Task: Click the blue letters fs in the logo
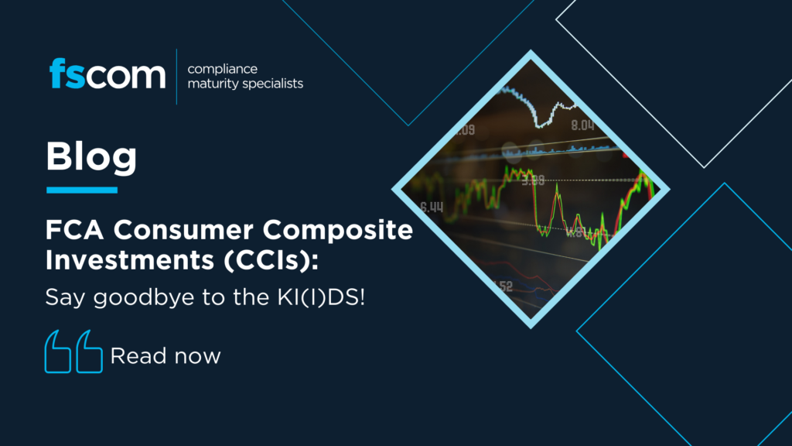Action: [67, 74]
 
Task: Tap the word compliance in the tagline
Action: [222, 69]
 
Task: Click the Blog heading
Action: [91, 158]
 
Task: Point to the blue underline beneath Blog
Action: [82, 190]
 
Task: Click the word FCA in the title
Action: [75, 230]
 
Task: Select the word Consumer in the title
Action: [183, 230]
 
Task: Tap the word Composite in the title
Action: [337, 231]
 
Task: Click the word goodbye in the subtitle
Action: [144, 297]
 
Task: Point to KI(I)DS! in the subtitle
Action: [321, 297]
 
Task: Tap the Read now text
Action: [166, 356]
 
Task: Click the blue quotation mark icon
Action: [73, 352]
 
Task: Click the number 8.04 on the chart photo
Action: [582, 125]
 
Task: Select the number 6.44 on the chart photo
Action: [432, 207]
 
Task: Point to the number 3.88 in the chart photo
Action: [534, 180]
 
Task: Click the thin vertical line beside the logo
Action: [177, 77]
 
